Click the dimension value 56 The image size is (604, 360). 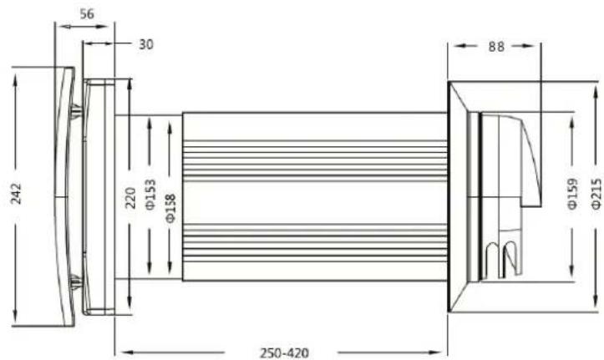click(87, 14)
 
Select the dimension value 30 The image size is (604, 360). click(146, 44)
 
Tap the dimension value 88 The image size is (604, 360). click(496, 47)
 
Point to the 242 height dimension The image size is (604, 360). click(16, 194)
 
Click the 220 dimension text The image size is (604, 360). click(130, 198)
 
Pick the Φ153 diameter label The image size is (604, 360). click(150, 195)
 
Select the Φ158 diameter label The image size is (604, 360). click(170, 208)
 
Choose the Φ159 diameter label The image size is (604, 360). click(573, 193)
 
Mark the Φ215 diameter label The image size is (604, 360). click(596, 194)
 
